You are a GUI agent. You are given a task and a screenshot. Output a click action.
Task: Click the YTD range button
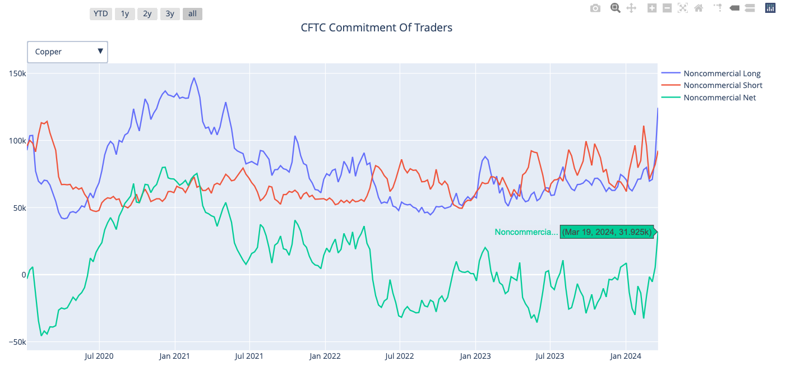pyautogui.click(x=101, y=13)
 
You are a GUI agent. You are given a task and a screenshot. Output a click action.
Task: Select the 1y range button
pyautogui.click(x=124, y=13)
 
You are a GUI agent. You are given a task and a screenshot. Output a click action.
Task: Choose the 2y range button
pyautogui.click(x=147, y=13)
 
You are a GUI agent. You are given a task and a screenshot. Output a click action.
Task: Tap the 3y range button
pyautogui.click(x=169, y=13)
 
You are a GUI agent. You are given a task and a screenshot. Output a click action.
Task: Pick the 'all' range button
pyautogui.click(x=192, y=13)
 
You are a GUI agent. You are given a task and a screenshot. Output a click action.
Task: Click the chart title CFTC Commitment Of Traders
pyautogui.click(x=376, y=27)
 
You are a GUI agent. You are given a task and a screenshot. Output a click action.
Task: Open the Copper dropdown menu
pyautogui.click(x=67, y=52)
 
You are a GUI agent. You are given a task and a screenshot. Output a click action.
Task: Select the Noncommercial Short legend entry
pyautogui.click(x=723, y=85)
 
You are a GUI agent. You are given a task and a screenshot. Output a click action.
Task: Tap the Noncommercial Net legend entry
pyautogui.click(x=719, y=98)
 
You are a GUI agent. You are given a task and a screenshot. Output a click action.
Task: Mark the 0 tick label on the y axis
pyautogui.click(x=23, y=275)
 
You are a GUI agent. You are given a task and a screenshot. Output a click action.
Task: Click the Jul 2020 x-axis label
pyautogui.click(x=99, y=356)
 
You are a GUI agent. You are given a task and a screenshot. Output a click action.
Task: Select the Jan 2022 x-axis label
pyautogui.click(x=325, y=356)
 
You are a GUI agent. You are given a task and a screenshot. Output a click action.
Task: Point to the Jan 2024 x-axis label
pyautogui.click(x=626, y=356)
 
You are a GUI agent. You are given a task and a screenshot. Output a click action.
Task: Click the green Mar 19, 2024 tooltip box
pyautogui.click(x=608, y=232)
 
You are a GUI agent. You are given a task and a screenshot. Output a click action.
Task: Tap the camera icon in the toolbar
pyautogui.click(x=595, y=8)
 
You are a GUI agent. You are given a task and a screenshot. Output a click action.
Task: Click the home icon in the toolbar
pyautogui.click(x=699, y=8)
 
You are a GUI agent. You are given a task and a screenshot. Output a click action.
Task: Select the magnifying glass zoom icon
pyautogui.click(x=615, y=8)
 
